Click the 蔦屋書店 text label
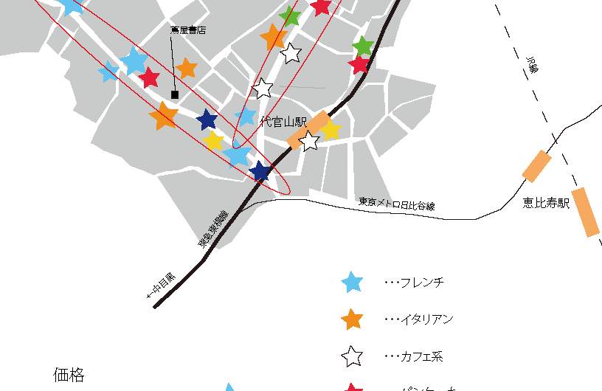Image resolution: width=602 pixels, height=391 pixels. point(187,30)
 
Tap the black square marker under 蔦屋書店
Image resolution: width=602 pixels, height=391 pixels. point(175,94)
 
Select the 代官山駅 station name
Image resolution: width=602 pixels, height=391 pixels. point(283,122)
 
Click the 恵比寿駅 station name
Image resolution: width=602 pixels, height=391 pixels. point(547,203)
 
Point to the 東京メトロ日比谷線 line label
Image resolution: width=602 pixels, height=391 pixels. point(397,204)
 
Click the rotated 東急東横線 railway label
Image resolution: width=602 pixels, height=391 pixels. point(213,229)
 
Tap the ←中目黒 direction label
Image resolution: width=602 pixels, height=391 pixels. point(162,286)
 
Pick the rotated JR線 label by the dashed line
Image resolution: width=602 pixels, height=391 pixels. point(533,64)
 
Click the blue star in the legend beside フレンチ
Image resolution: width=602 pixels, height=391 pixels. point(353,282)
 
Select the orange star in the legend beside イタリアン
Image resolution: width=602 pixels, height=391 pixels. point(353,319)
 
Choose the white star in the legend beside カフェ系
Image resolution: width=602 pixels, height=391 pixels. point(353,357)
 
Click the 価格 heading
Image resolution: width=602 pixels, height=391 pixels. point(69,375)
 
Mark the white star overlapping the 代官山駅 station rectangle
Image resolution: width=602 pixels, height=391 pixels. point(310,140)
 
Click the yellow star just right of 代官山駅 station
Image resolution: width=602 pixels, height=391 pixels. point(331,131)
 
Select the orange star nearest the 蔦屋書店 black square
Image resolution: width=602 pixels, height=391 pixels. point(187,69)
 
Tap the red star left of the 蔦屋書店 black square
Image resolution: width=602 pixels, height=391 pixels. point(150,77)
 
